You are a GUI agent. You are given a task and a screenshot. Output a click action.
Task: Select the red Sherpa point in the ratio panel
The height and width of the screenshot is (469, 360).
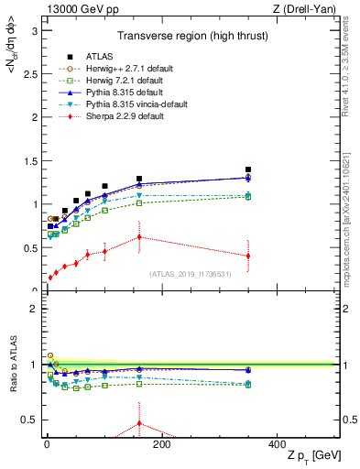click(139, 423)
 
